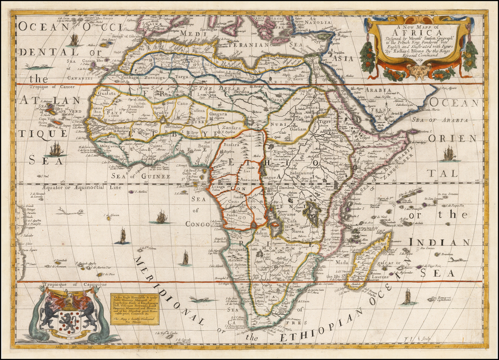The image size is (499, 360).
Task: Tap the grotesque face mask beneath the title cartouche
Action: [416, 72]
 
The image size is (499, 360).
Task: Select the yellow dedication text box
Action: [126, 310]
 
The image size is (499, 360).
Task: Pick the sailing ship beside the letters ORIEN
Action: [448, 153]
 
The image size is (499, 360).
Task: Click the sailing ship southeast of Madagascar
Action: [407, 296]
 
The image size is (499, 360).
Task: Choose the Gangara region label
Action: [218, 114]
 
